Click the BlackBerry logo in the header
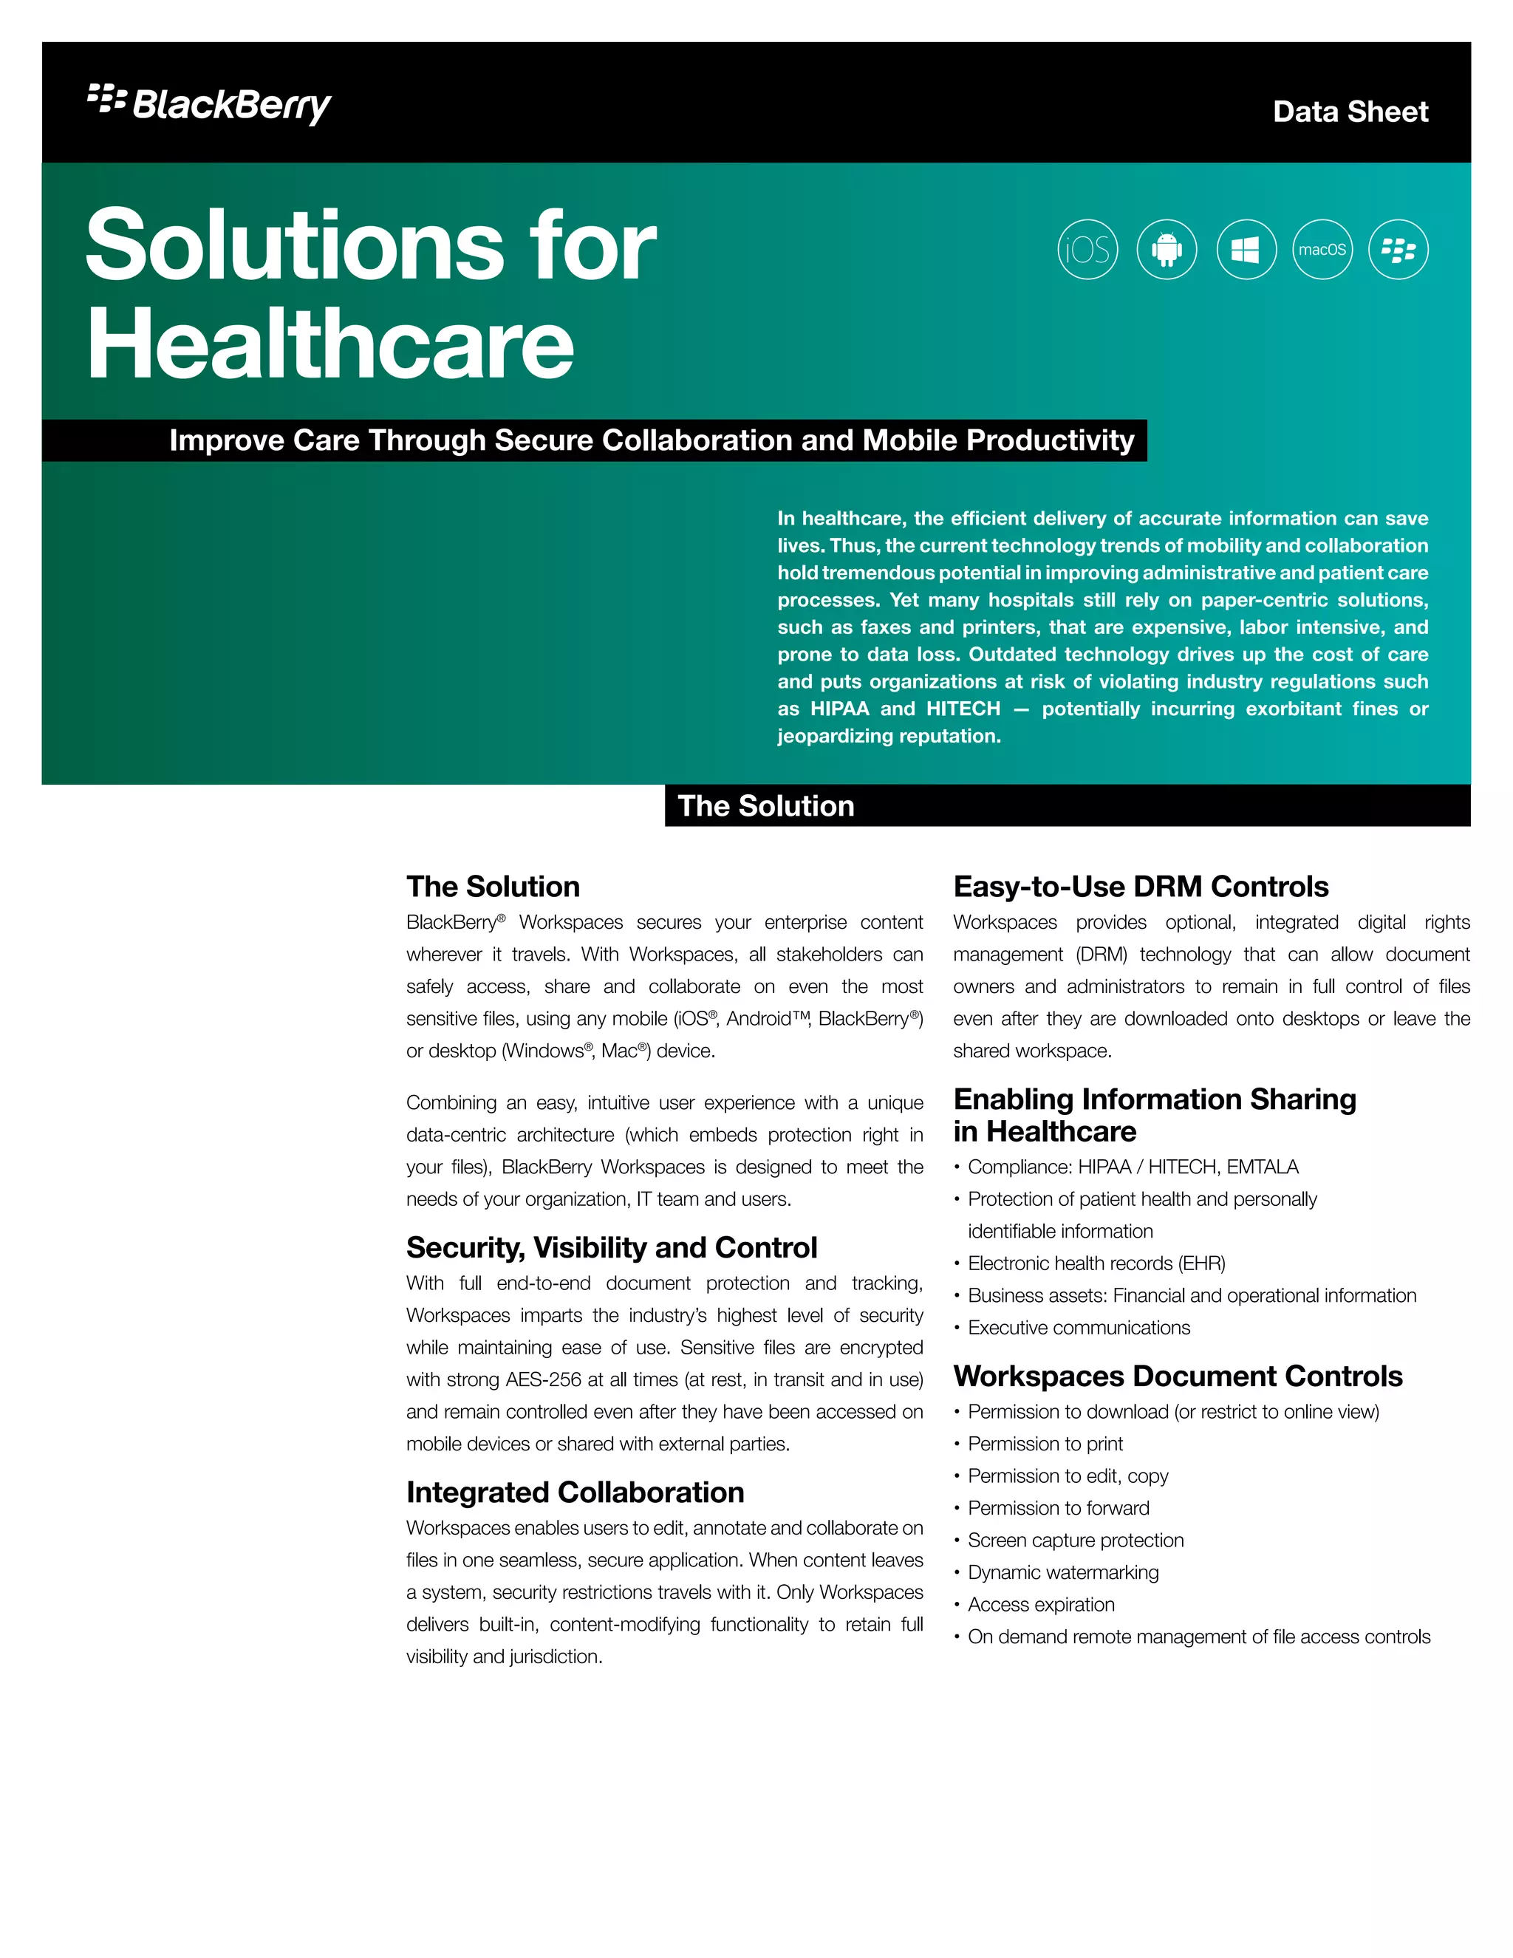pyautogui.click(x=210, y=104)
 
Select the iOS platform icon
pyautogui.click(x=1087, y=249)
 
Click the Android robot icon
pyautogui.click(x=1166, y=249)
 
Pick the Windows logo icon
pyautogui.click(x=1245, y=249)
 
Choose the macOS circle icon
pyautogui.click(x=1322, y=249)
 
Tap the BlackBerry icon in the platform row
pyautogui.click(x=1398, y=249)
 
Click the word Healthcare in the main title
pyautogui.click(x=329, y=344)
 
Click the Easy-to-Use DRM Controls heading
pyautogui.click(x=1140, y=886)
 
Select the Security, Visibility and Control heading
pyautogui.click(x=611, y=1247)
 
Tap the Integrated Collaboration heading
pyautogui.click(x=575, y=1492)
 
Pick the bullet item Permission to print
pyautogui.click(x=1045, y=1444)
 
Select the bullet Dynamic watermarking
pyautogui.click(x=1063, y=1572)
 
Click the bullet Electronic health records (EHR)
pyautogui.click(x=1096, y=1263)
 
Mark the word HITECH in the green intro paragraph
pyautogui.click(x=963, y=709)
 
